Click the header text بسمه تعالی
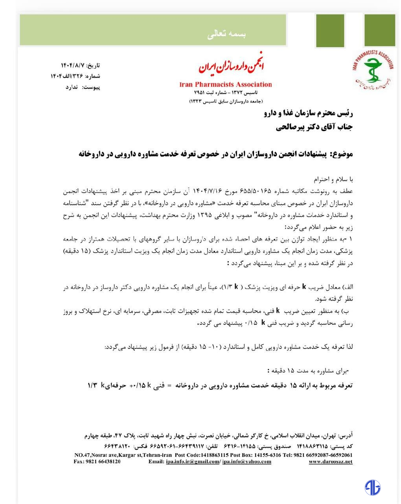226,34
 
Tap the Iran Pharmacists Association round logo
373,70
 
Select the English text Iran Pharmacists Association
225,84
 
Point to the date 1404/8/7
73,65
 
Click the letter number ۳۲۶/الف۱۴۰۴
67,76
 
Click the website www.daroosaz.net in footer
330,461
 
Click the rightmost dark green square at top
379,31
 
